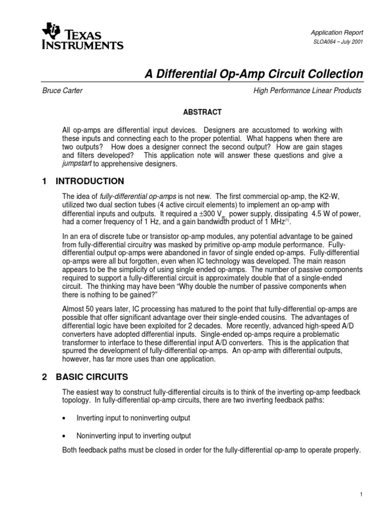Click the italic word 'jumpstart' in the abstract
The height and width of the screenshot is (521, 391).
[76, 164]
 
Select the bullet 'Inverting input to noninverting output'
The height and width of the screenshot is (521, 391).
[133, 418]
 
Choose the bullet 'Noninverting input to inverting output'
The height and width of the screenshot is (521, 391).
[133, 436]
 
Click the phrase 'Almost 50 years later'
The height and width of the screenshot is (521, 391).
[92, 309]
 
